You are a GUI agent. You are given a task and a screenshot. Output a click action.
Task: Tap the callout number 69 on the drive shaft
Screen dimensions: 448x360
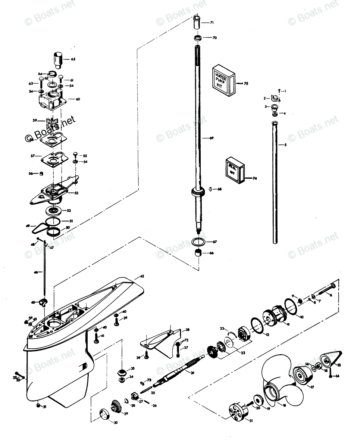click(x=212, y=139)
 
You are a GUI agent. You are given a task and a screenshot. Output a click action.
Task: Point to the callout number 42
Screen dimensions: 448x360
click(x=142, y=277)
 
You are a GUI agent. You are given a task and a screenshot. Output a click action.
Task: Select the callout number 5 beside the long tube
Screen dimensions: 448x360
click(x=285, y=144)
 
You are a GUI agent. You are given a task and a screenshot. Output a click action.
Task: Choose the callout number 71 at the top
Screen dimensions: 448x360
click(x=212, y=23)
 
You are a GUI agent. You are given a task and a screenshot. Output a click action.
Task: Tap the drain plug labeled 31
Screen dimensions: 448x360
click(x=38, y=406)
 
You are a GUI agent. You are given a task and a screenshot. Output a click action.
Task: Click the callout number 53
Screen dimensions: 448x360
click(x=76, y=193)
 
